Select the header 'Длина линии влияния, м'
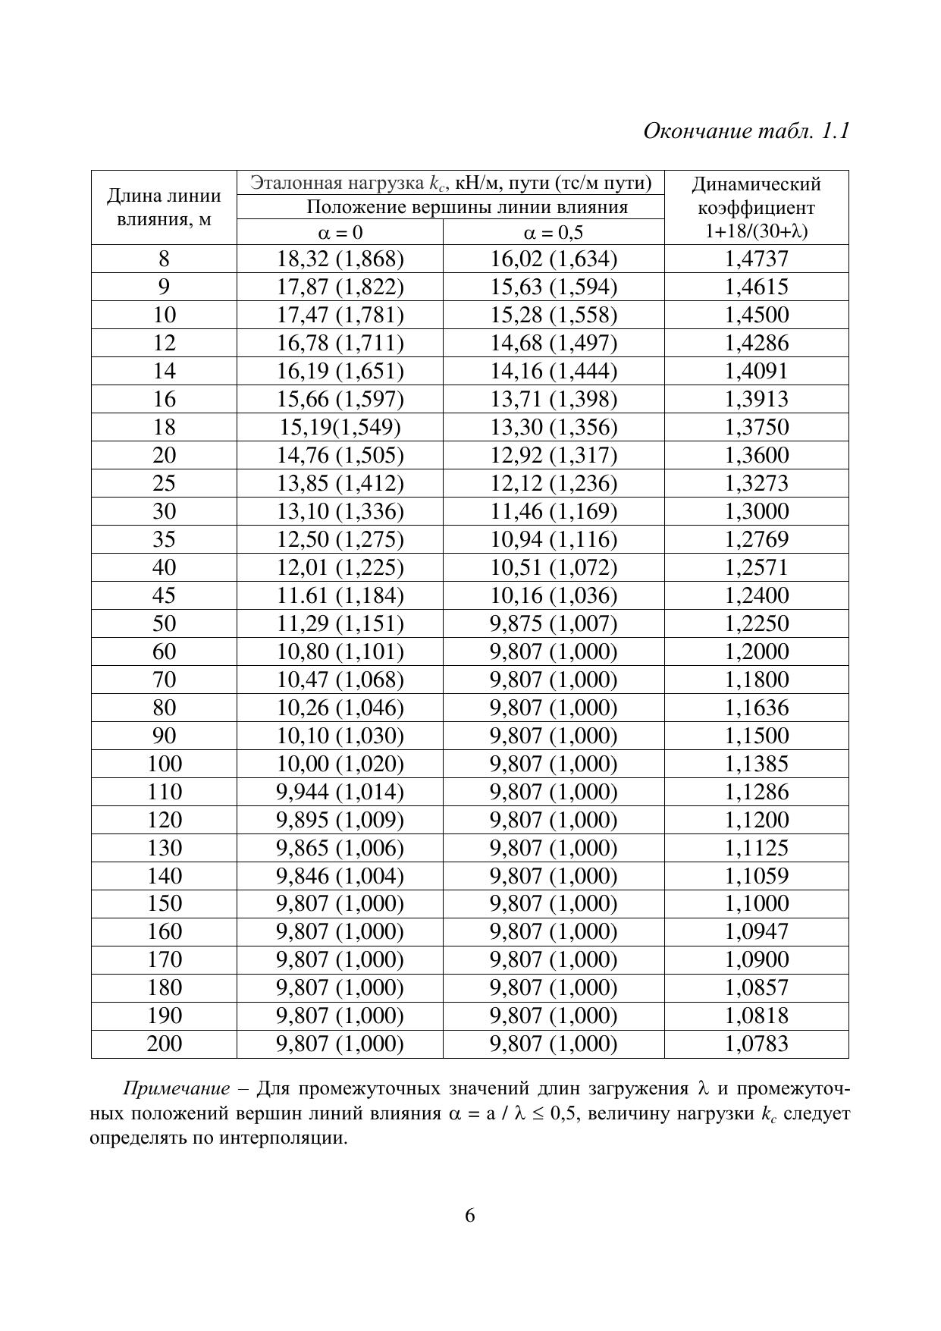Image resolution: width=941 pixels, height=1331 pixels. [x=164, y=207]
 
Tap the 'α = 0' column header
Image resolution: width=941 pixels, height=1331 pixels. [x=340, y=233]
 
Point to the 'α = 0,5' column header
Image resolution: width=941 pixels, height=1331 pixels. [x=553, y=233]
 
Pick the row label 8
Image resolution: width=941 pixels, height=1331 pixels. [x=164, y=259]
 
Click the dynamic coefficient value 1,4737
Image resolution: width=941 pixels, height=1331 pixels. [x=756, y=259]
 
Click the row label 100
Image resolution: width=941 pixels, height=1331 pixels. [x=164, y=764]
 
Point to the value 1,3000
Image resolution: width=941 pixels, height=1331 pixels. [x=756, y=511]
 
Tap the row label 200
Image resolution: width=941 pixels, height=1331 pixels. [x=164, y=1044]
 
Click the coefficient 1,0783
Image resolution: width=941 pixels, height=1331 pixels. [x=756, y=1044]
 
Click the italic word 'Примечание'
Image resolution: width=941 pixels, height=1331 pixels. [x=176, y=1089]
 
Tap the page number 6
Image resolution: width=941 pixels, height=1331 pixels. [x=470, y=1216]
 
